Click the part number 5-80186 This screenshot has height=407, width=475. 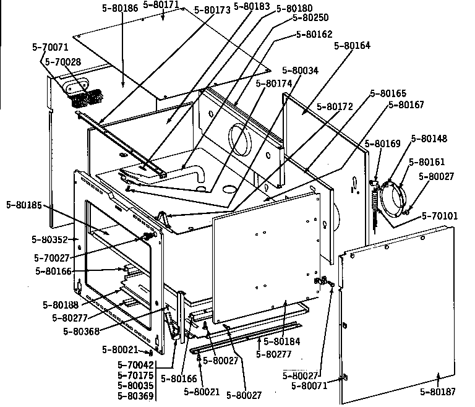121,9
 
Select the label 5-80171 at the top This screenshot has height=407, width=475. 161,4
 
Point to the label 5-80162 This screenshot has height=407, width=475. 314,35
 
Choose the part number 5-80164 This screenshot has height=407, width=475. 353,45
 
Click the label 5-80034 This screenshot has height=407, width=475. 300,71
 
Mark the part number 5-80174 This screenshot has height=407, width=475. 274,83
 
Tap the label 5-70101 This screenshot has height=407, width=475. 440,216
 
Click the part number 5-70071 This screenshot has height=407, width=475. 50,46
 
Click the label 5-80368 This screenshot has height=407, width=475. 82,330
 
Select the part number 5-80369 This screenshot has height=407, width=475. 135,395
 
